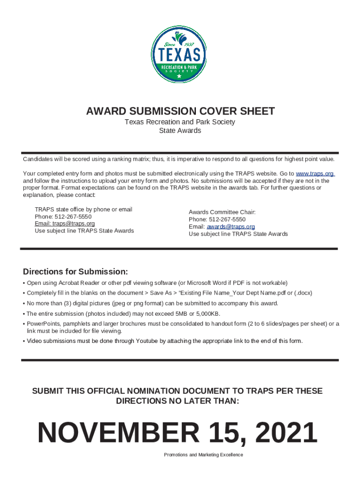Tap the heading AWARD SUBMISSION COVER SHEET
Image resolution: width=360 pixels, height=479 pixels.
click(180, 111)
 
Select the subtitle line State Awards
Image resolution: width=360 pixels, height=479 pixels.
click(180, 131)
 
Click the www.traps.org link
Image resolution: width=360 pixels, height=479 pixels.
click(315, 174)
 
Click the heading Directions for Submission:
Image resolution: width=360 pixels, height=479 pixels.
click(75, 272)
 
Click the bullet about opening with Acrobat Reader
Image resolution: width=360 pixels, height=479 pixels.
click(157, 283)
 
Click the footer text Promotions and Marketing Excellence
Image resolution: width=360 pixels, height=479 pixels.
click(203, 455)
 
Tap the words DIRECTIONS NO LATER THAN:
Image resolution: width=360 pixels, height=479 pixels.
click(177, 401)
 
